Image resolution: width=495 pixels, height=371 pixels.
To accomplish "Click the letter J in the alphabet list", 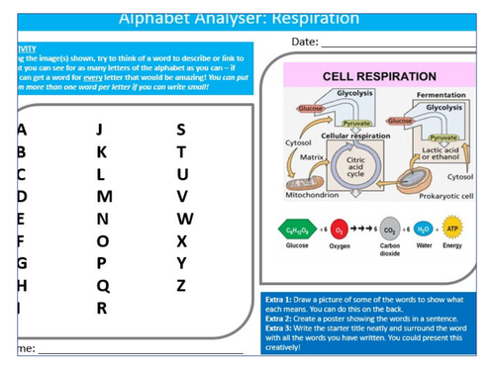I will pyautogui.click(x=98, y=130).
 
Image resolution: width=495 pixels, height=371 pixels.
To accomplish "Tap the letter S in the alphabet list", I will pyautogui.click(x=180, y=130).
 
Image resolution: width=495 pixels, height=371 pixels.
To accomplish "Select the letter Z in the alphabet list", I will pyautogui.click(x=180, y=286).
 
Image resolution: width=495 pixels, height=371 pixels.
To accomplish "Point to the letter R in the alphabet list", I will pyautogui.click(x=101, y=308).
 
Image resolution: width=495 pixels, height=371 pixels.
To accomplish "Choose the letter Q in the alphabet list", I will pyautogui.click(x=102, y=286).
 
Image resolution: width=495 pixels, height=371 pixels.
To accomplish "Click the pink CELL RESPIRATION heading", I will pyautogui.click(x=380, y=76).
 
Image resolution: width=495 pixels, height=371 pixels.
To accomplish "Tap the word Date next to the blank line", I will pyautogui.click(x=306, y=42).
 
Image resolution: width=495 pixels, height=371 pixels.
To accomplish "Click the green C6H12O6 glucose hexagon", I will pyautogui.click(x=297, y=229).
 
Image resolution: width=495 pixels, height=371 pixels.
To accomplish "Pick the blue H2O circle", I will pyautogui.click(x=426, y=229).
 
